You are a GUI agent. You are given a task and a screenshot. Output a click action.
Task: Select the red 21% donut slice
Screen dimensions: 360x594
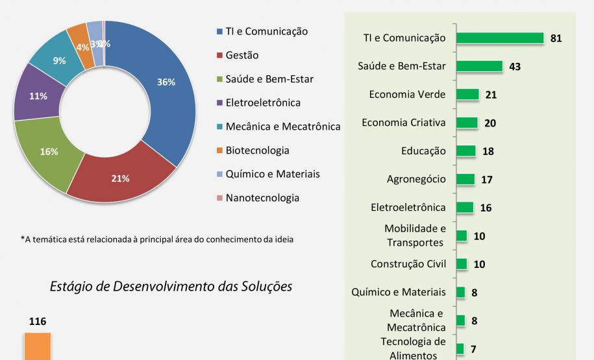(x=121, y=178)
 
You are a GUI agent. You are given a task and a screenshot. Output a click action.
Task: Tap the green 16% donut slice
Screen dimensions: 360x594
(x=49, y=151)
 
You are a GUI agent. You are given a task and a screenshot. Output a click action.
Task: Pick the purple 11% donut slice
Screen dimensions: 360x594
(x=38, y=97)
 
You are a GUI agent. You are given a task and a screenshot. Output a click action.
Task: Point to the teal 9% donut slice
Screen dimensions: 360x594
(x=58, y=61)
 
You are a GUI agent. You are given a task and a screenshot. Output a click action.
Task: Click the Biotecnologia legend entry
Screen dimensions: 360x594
(x=257, y=150)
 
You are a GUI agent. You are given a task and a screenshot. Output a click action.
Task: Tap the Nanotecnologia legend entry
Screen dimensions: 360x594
(x=262, y=198)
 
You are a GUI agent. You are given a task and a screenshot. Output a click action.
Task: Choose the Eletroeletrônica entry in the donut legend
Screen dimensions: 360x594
(x=263, y=103)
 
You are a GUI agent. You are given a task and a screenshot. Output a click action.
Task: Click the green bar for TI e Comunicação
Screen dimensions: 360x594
(x=500, y=38)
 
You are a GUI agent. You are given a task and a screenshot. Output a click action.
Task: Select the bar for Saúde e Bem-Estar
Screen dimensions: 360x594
(x=480, y=66)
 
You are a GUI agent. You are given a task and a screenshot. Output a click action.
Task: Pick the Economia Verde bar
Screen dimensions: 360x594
(x=467, y=95)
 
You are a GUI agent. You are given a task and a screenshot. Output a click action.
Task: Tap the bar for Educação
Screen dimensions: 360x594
(x=466, y=151)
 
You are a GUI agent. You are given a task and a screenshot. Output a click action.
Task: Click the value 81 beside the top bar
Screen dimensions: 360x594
(x=556, y=39)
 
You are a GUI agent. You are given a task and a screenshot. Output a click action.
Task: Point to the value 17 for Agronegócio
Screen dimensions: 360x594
(x=487, y=180)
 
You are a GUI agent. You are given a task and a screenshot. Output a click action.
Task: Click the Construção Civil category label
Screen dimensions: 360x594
(x=408, y=264)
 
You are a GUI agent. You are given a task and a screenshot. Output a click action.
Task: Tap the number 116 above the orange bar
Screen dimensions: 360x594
(x=38, y=322)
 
